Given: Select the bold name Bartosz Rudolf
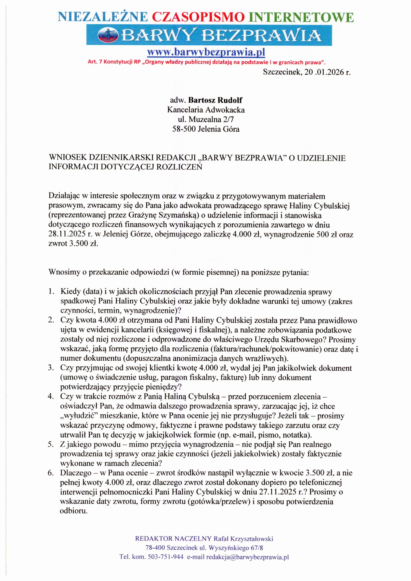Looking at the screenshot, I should point(215,100).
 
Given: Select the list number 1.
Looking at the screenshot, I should point(51,292).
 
